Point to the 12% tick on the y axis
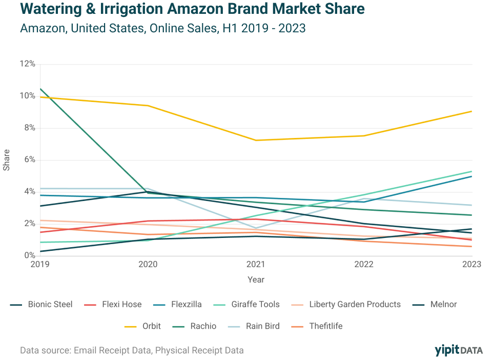(x=27, y=64)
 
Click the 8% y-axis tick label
(x=29, y=127)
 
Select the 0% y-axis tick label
(x=29, y=254)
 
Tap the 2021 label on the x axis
(x=256, y=264)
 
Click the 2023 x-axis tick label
(x=471, y=264)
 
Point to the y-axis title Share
(x=7, y=159)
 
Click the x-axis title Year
(x=256, y=279)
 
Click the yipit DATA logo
(x=458, y=350)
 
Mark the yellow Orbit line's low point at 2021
(x=256, y=140)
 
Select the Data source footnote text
(x=132, y=351)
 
